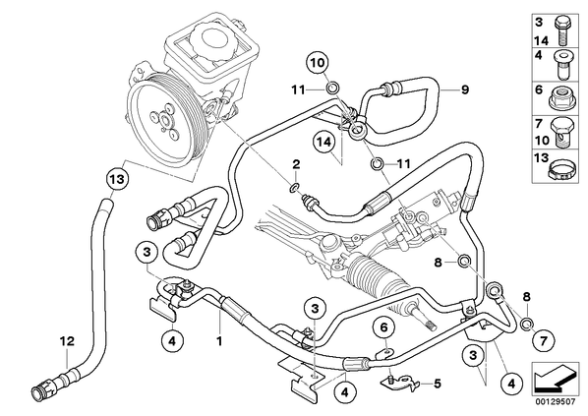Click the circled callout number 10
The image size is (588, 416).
(318, 63)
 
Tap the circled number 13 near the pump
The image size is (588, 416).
(117, 179)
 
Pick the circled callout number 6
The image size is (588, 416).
(383, 327)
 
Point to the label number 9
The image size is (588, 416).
(465, 90)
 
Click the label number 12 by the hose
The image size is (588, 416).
(67, 341)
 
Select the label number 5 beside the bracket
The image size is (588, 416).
(438, 384)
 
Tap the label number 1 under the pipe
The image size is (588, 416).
(219, 341)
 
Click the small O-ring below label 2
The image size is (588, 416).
(295, 188)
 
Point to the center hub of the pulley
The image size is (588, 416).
(163, 120)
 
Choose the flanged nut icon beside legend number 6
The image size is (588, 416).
(561, 99)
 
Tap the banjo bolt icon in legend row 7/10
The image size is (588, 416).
(561, 134)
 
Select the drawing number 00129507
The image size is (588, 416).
(556, 401)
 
